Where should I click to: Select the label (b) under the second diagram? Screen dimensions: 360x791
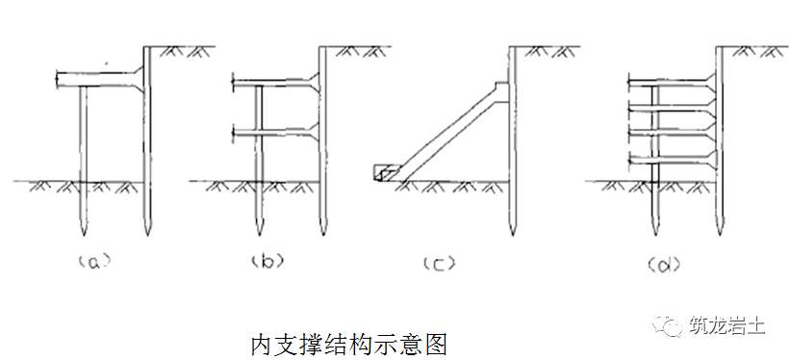click(265, 259)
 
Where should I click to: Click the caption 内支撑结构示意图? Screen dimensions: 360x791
click(349, 341)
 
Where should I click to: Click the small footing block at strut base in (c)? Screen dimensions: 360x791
click(382, 170)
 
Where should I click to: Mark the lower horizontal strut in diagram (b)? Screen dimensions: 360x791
click(274, 130)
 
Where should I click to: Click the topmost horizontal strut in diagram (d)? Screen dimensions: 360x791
click(669, 79)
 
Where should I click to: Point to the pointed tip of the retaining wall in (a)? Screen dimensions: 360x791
click(146, 232)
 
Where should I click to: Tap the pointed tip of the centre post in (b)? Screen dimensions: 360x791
click(257, 232)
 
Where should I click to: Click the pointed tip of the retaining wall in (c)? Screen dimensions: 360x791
click(510, 233)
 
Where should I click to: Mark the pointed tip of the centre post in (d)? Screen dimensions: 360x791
click(654, 232)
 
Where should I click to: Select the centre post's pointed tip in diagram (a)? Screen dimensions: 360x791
click(83, 232)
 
